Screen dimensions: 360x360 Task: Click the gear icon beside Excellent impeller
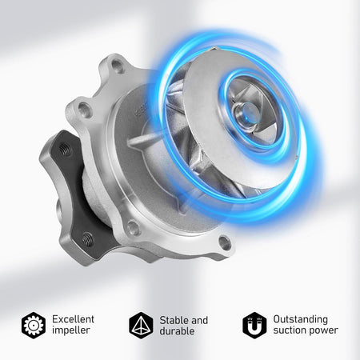click(34, 326)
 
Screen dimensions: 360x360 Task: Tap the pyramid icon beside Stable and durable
click(141, 326)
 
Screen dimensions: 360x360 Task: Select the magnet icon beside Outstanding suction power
click(254, 326)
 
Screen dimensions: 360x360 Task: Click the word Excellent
click(73, 319)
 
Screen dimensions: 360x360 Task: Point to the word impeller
click(70, 330)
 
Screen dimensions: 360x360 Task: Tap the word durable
click(177, 331)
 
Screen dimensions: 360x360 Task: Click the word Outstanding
click(300, 319)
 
